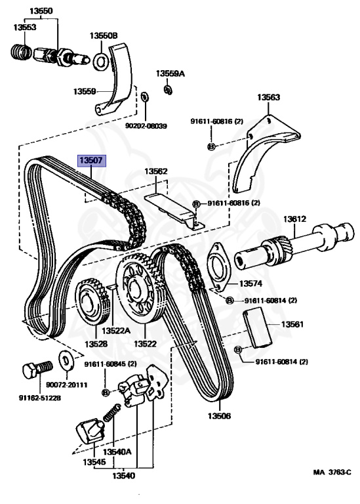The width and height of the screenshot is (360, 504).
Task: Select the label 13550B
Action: [104, 35]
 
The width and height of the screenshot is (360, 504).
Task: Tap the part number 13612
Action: [294, 219]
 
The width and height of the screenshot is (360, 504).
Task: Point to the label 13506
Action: [219, 415]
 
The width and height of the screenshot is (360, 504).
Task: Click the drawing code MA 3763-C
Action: [332, 472]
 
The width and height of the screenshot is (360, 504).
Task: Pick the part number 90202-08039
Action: [146, 126]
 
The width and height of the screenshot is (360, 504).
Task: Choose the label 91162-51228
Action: [40, 398]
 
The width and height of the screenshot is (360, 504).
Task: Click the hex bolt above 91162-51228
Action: [37, 370]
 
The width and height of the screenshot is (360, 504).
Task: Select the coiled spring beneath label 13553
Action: [21, 51]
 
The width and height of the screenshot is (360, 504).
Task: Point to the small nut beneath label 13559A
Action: [168, 90]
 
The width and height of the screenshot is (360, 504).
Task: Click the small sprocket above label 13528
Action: [92, 301]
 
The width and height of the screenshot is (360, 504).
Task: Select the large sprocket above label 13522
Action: [140, 287]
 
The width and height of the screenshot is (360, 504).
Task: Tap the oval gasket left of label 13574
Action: [219, 266]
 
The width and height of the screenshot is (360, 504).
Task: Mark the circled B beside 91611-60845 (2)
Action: [105, 392]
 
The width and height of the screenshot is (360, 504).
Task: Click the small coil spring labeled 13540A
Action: [111, 413]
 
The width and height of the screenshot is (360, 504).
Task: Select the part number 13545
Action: [94, 462]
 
